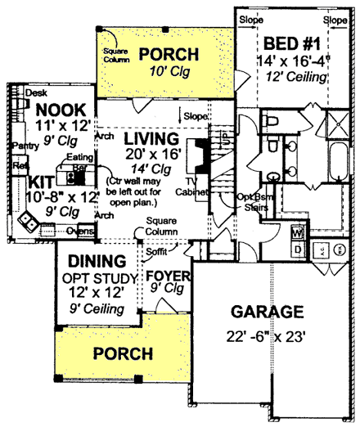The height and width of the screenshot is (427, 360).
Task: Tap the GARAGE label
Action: pos(267,312)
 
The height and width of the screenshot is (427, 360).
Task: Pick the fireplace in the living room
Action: pos(196,157)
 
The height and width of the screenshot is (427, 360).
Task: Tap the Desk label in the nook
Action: pos(35,93)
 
